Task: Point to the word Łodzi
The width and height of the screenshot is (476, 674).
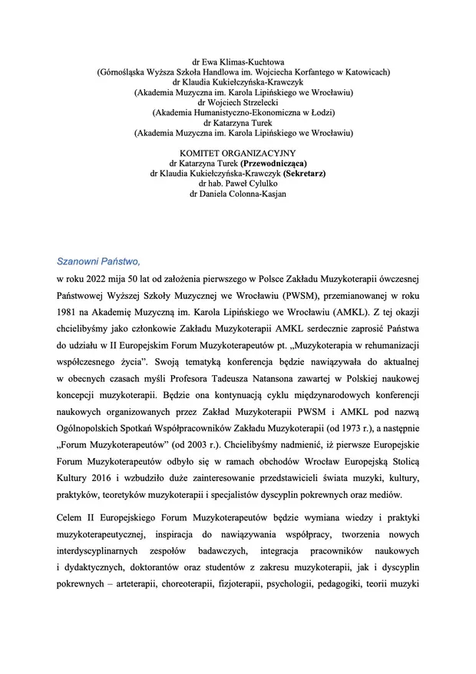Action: pyautogui.click(x=316, y=112)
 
